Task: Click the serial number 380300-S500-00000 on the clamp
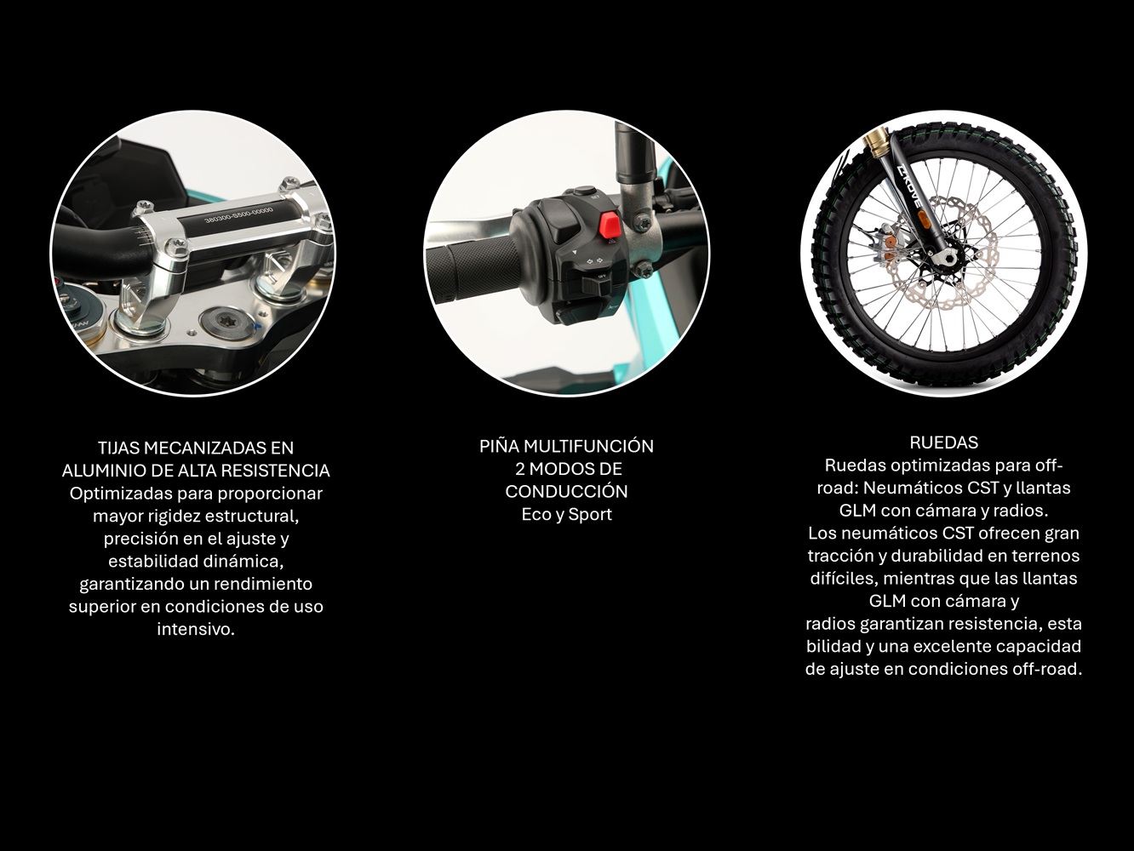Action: pos(238,212)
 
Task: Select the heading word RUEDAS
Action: pos(944,443)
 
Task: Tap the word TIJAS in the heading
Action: pos(118,448)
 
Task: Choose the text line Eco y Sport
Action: pos(567,514)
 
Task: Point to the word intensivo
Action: pos(196,629)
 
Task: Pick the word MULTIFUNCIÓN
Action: pos(589,446)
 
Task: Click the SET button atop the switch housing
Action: pos(583,191)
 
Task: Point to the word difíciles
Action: pos(845,579)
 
